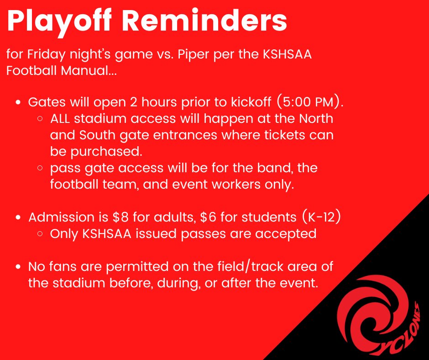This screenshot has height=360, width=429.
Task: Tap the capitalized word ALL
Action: point(61,119)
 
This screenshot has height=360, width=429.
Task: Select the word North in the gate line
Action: point(316,119)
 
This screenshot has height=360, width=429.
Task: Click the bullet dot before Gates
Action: point(18,103)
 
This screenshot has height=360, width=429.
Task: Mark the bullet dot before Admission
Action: point(18,218)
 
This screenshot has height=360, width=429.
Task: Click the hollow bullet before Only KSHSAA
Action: point(41,234)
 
